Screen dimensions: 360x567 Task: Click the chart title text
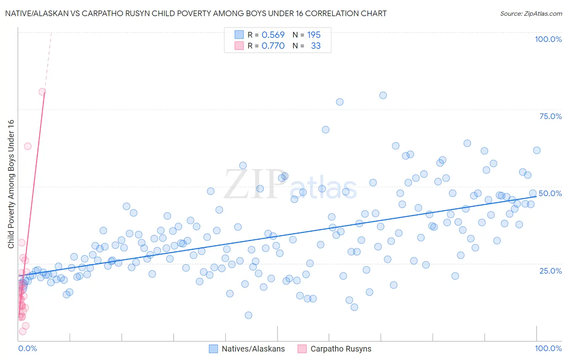pyautogui.click(x=196, y=13)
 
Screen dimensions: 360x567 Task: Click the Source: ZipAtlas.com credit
pyautogui.click(x=531, y=13)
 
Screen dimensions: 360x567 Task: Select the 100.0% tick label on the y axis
pyautogui.click(x=548, y=39)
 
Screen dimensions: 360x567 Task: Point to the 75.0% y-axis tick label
pyautogui.click(x=550, y=116)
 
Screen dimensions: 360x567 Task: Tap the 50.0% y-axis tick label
pyautogui.click(x=550, y=193)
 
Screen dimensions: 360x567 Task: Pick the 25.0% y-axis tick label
pyautogui.click(x=550, y=270)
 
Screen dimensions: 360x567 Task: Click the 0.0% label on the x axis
pyautogui.click(x=27, y=348)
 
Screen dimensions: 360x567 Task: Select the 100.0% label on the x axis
pyautogui.click(x=548, y=348)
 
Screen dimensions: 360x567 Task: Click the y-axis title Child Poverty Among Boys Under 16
pyautogui.click(x=11, y=184)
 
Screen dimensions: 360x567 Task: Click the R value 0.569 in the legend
pyautogui.click(x=273, y=35)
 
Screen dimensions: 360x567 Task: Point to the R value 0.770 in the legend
pyautogui.click(x=273, y=46)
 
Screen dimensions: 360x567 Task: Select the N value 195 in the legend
pyautogui.click(x=314, y=35)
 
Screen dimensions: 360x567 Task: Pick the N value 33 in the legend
pyautogui.click(x=316, y=46)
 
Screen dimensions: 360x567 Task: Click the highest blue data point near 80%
pyautogui.click(x=383, y=95)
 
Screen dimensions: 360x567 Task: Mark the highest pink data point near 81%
pyautogui.click(x=42, y=92)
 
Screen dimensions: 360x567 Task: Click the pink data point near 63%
pyautogui.click(x=27, y=146)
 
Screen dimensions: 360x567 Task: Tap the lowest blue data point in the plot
pyautogui.click(x=248, y=315)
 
